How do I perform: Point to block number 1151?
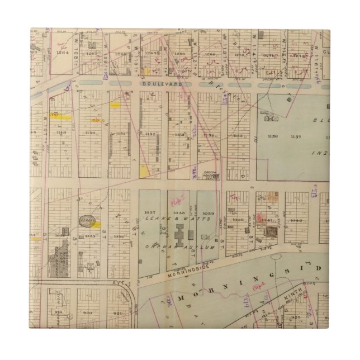click(x=120, y=134)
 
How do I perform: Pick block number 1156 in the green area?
click(x=272, y=136)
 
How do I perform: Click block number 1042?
click(x=296, y=220)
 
